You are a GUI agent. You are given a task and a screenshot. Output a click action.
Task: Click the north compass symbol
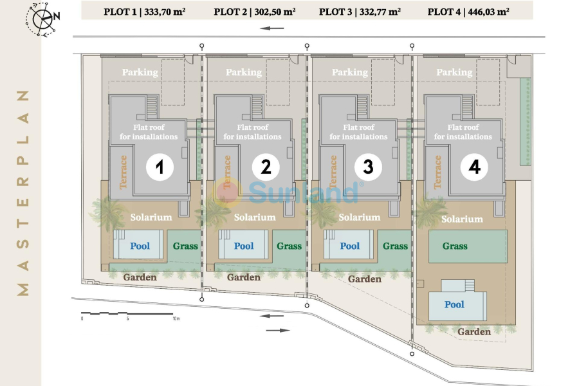(42, 19)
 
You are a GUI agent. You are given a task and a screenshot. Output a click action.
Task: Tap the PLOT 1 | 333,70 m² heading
(144, 12)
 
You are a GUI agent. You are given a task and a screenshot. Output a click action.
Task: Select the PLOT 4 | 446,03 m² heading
(468, 12)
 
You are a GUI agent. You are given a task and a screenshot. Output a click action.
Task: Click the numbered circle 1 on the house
(160, 167)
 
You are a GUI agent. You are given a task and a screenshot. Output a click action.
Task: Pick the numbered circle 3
(368, 167)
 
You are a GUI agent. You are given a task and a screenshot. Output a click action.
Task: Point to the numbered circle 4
(474, 167)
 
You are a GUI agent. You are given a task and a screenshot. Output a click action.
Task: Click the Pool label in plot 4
(454, 304)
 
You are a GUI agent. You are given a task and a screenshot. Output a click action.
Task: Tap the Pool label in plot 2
(244, 246)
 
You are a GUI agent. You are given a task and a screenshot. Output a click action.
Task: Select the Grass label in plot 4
(455, 246)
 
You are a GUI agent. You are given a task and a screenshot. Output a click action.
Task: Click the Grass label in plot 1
(185, 246)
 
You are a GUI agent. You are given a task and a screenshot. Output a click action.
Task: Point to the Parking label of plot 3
(350, 73)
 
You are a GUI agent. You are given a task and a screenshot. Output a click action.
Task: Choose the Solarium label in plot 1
(151, 217)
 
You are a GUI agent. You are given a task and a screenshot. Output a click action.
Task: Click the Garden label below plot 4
(474, 332)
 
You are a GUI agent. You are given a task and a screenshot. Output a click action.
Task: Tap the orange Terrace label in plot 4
(437, 172)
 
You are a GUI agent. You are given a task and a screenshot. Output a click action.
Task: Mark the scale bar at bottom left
(128, 315)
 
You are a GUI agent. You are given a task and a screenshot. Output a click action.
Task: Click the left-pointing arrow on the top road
(272, 28)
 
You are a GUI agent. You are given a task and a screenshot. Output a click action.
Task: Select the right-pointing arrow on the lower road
(278, 330)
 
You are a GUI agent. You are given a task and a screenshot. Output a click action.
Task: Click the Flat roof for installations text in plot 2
(253, 132)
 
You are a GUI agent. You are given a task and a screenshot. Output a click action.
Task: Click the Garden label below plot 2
(244, 277)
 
